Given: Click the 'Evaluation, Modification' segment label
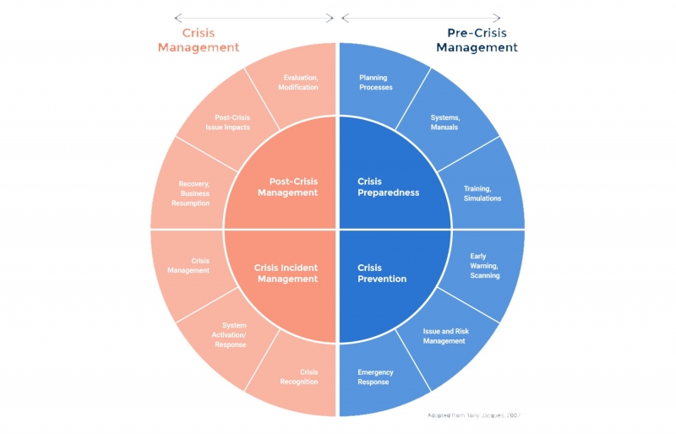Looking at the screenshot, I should point(301,82).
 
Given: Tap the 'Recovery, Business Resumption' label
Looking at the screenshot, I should point(194,193).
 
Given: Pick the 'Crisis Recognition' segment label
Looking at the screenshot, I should point(299,377).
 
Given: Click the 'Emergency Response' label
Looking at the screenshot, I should point(374,377).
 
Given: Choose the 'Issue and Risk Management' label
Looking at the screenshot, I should point(444,336).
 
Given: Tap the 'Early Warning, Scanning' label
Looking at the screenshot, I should point(484,266).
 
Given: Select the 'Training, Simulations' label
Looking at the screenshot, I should point(482,193).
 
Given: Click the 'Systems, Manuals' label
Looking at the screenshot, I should point(444,122).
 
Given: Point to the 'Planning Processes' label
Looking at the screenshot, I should point(375,82).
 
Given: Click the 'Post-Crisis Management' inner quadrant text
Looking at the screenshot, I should point(281,187).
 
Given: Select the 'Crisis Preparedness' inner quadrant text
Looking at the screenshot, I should point(388,187).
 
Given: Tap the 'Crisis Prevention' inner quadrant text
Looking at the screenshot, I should point(382,274).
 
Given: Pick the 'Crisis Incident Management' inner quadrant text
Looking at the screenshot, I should point(286,274).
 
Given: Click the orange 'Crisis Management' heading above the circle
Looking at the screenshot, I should point(199,41).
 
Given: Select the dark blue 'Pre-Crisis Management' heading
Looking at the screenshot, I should point(477,41).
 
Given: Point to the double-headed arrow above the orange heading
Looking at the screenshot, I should point(253,17).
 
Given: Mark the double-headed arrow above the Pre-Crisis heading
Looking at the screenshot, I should point(421,17).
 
